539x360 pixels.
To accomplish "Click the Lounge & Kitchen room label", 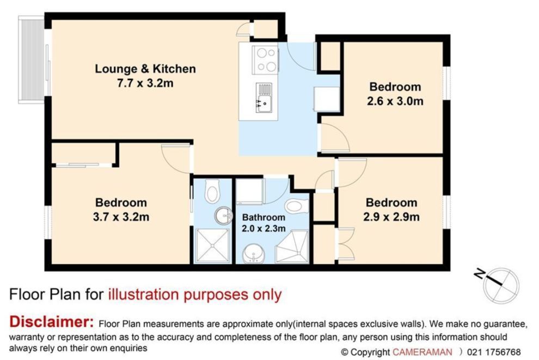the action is [x=145, y=69].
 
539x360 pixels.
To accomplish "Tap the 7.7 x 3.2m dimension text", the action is [x=145, y=83].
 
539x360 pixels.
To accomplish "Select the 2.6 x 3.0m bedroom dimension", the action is [x=395, y=101].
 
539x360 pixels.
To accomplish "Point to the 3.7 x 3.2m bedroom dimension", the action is [x=121, y=217].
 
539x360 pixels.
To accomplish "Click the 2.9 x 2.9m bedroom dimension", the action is [x=391, y=217].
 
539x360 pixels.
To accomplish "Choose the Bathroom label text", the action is [x=264, y=217].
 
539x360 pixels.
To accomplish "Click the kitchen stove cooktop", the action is [x=265, y=60].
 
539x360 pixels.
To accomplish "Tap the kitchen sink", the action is [x=264, y=98].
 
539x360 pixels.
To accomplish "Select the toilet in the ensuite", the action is [x=212, y=191].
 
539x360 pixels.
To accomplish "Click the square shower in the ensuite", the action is [x=212, y=246].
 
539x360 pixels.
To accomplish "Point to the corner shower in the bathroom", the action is [x=292, y=247].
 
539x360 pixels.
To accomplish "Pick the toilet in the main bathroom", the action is [x=297, y=206].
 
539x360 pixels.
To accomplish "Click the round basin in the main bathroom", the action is [x=254, y=254].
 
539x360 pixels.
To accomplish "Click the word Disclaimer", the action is [x=52, y=322].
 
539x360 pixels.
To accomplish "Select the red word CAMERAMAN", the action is [x=422, y=352].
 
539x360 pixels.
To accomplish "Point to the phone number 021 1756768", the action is [x=494, y=352].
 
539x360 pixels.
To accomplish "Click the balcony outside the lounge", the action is [x=31, y=59].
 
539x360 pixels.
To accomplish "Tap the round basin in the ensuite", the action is [x=223, y=216].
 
